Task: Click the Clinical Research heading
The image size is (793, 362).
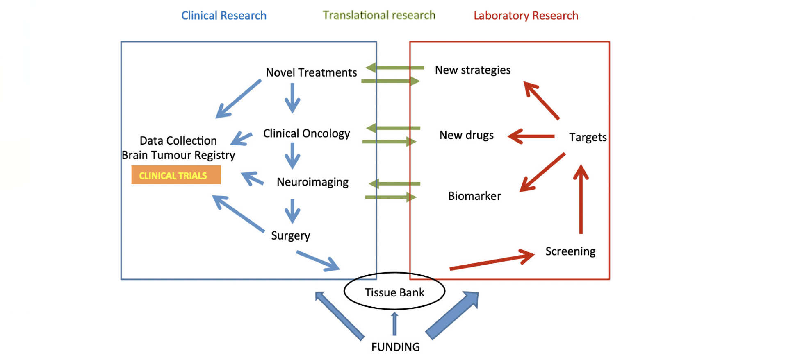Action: coord(224,16)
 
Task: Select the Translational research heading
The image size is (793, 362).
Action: coord(379,15)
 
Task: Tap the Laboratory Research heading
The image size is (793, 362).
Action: coord(526,16)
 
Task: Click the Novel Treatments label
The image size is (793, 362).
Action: coord(311,72)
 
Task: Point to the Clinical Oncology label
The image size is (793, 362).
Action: coord(306,133)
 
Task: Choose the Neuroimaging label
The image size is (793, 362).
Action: coord(312,182)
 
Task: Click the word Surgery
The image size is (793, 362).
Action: coord(290,235)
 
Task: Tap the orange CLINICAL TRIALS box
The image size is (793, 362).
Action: coord(176,175)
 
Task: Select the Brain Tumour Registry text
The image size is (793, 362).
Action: coord(178,155)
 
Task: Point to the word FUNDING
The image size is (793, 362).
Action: coord(395,347)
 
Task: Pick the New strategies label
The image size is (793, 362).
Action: coord(472,70)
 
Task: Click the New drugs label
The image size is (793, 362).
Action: coord(466,135)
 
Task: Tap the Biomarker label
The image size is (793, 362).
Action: coord(474,196)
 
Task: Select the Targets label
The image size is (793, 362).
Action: coord(588,137)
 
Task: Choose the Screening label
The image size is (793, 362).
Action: coord(570,251)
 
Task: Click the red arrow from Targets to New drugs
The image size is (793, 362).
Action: coord(531,136)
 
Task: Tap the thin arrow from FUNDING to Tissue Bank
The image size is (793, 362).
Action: coord(394,324)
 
